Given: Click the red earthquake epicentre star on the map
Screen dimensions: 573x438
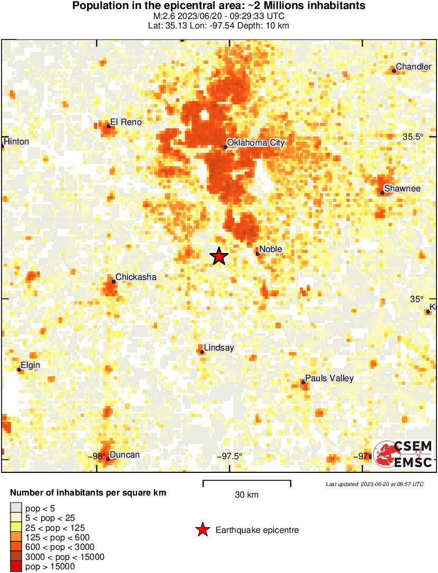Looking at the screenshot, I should pyautogui.click(x=219, y=256).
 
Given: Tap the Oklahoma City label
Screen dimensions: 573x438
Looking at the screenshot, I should pyautogui.click(x=256, y=142).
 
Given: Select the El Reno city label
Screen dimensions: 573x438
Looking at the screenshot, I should pyautogui.click(x=126, y=122).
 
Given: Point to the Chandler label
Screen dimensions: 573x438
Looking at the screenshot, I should pyautogui.click(x=413, y=66).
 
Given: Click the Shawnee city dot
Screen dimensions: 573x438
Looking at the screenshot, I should pyautogui.click(x=383, y=192).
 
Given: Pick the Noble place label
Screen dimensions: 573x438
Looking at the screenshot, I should pyautogui.click(x=271, y=249).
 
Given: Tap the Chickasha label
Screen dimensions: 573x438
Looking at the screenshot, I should pyautogui.click(x=135, y=277).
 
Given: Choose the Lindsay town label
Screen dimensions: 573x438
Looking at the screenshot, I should pyautogui.click(x=219, y=348).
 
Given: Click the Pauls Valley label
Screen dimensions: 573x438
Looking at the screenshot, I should pyautogui.click(x=329, y=378).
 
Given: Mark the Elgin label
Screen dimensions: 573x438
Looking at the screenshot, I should pyautogui.click(x=30, y=365).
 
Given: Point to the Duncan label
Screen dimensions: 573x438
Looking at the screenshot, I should pyautogui.click(x=124, y=455).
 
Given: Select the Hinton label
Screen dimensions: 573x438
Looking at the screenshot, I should pyautogui.click(x=16, y=142).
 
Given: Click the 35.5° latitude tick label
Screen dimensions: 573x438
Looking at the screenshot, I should pyautogui.click(x=413, y=137).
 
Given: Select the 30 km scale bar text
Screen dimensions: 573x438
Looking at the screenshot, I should pyautogui.click(x=247, y=494).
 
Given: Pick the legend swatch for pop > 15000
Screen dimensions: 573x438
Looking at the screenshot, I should pyautogui.click(x=16, y=567).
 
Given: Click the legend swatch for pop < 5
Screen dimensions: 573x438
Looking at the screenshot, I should pyautogui.click(x=16, y=509).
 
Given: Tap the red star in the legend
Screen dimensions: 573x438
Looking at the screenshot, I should pyautogui.click(x=202, y=530).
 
